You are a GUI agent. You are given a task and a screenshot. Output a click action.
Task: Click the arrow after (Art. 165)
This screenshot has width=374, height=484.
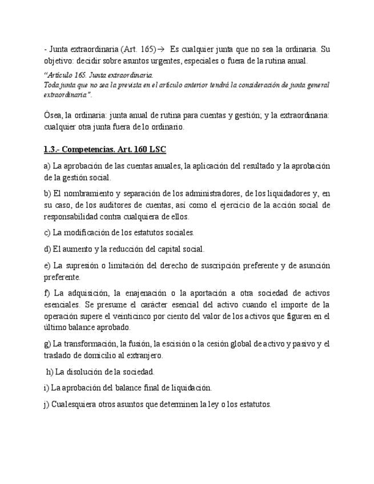point(161,49)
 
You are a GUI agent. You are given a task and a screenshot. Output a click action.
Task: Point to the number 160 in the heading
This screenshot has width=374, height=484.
point(143,150)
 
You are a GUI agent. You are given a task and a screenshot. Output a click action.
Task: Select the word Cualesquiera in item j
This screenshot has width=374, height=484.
point(73,404)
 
